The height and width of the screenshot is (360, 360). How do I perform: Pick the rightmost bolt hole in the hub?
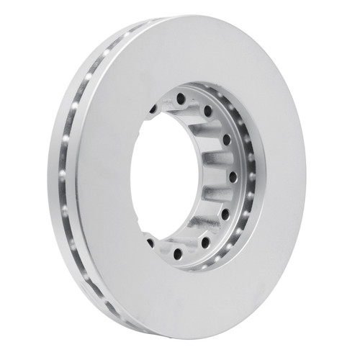(233, 175)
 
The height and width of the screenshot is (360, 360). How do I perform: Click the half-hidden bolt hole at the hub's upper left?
(153, 109)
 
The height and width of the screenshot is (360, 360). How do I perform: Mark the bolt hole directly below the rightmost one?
(225, 214)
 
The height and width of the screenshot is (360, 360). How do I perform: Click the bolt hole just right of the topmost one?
(207, 110)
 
